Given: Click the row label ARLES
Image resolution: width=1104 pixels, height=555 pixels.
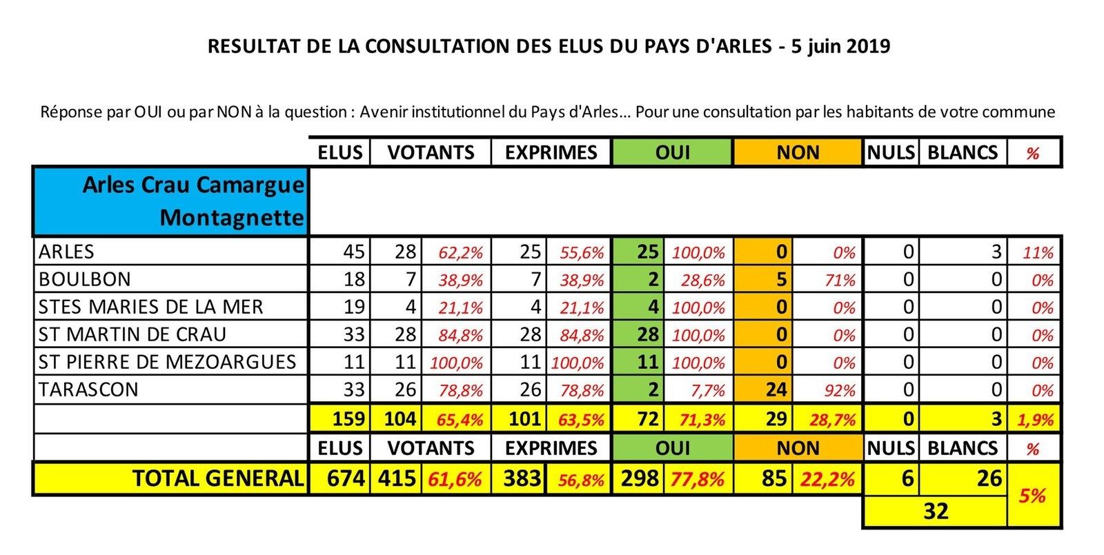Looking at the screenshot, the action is [x=66, y=252].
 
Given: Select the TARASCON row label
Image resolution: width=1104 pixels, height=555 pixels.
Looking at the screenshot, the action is [x=88, y=390].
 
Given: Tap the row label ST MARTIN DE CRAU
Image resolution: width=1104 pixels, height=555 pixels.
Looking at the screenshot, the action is [x=132, y=334].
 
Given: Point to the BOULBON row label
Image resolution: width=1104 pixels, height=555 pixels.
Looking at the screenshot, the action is [x=84, y=279].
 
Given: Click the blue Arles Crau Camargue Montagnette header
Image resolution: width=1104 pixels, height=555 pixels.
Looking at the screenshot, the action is [x=171, y=201].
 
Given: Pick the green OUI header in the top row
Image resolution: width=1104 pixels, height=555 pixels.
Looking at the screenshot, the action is [x=672, y=152].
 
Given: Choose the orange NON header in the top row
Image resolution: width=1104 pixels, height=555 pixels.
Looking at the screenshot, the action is [x=798, y=152].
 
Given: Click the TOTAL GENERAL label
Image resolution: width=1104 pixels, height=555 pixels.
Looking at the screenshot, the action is [x=218, y=478].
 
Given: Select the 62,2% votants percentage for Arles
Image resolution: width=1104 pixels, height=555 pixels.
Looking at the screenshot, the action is [x=461, y=253].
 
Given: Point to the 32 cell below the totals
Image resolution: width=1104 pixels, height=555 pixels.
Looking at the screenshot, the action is [x=936, y=511].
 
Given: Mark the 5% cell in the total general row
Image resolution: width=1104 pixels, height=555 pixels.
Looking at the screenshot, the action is [x=1032, y=496].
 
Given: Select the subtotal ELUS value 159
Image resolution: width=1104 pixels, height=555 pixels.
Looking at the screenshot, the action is [x=348, y=419].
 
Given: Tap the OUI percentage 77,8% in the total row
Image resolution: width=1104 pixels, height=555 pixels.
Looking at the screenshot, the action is [x=697, y=479].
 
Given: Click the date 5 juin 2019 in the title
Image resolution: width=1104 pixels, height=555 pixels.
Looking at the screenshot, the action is [x=841, y=46].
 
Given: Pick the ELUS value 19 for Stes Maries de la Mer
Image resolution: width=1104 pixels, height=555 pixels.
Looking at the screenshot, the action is [x=354, y=307].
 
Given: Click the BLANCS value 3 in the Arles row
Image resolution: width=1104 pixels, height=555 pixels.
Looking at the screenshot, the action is [x=996, y=252].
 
